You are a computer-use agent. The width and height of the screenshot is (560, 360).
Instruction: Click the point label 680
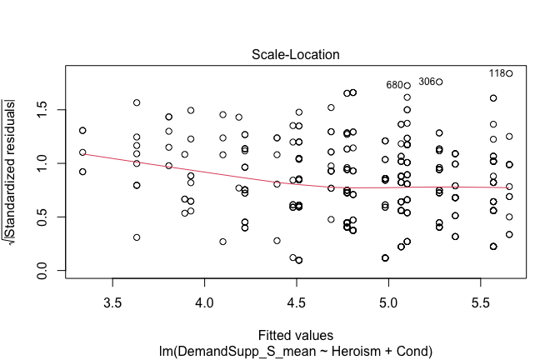click(393, 85)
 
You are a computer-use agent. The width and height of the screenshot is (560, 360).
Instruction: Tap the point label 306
click(427, 82)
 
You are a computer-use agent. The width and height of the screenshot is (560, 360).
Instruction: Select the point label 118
click(497, 73)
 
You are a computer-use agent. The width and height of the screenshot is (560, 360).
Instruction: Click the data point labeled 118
click(509, 73)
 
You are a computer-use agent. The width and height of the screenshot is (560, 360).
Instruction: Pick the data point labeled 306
click(439, 82)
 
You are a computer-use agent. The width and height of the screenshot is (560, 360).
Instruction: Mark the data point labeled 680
click(407, 85)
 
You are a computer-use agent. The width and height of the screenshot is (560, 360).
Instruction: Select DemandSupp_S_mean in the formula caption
click(243, 343)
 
